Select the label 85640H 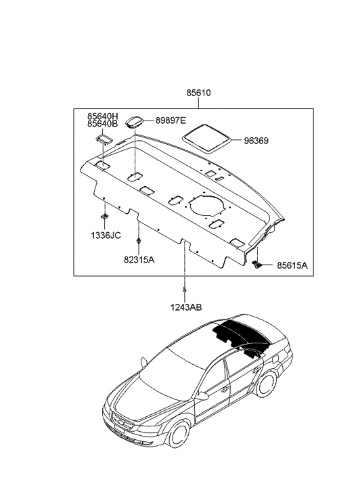(x=102, y=115)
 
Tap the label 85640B (x=102, y=125)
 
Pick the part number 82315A (x=138, y=259)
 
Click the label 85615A (x=292, y=266)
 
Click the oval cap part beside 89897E (x=135, y=122)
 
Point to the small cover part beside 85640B (x=104, y=139)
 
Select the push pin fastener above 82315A (x=138, y=242)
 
